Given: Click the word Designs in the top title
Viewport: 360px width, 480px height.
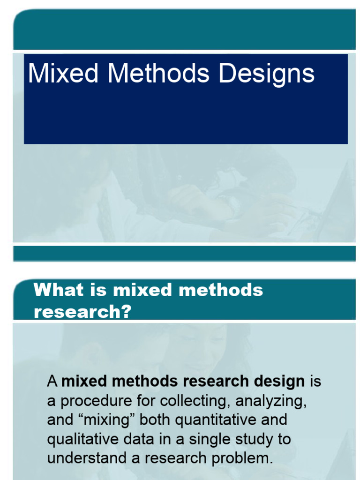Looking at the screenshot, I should click(267, 75).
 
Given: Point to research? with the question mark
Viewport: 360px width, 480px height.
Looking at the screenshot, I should click(82, 312).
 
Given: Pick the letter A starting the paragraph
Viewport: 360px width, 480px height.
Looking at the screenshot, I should click(52, 382).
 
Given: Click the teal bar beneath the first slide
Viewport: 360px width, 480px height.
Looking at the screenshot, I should click(184, 253).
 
